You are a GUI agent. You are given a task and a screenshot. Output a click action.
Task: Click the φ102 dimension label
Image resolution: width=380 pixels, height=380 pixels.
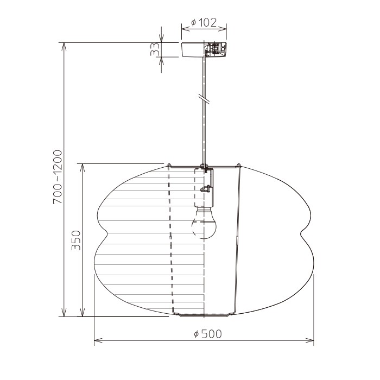tap(204, 23)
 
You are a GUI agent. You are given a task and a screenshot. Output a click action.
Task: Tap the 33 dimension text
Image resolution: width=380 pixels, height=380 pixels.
tap(155, 49)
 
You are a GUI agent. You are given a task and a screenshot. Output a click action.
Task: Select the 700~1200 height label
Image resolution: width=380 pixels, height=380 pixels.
tap(58, 177)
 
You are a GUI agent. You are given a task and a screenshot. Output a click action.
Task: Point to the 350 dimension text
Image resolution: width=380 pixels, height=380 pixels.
tap(76, 240)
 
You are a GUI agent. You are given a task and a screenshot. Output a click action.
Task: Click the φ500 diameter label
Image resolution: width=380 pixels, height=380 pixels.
tap(208, 334)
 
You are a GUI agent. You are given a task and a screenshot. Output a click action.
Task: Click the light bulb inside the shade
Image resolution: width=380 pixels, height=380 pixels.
tap(204, 222)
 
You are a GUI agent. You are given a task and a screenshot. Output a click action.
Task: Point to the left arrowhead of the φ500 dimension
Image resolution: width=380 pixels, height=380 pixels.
tap(98, 340)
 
